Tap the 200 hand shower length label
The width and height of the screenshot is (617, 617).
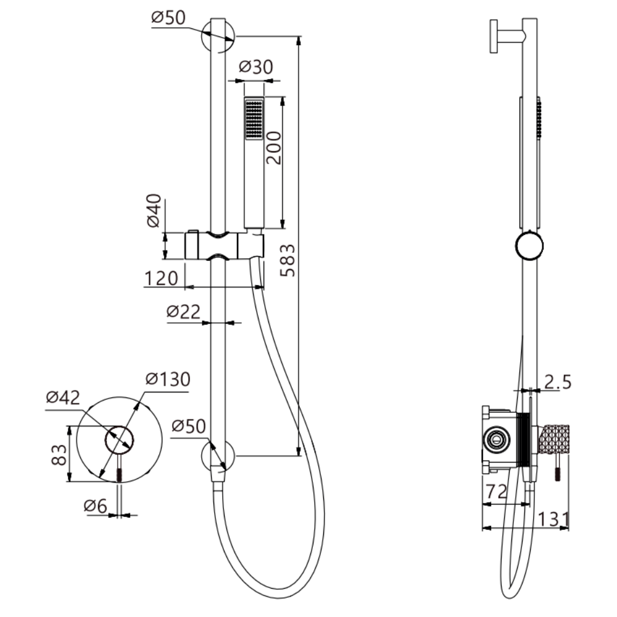coord(274,147)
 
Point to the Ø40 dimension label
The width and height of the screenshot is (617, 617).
coord(154,212)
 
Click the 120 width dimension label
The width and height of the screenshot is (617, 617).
coord(162,279)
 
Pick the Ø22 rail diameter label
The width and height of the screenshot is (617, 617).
coord(184,312)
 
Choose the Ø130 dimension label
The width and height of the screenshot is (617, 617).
coord(167,379)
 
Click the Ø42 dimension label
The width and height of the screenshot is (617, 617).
coord(63,398)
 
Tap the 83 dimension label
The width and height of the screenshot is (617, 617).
coord(59,455)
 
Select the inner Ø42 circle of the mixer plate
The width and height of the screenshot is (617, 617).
coord(119,439)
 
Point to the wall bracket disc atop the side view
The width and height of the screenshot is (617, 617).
coord(494,36)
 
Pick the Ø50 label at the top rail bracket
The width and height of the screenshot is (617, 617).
coord(168,18)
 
